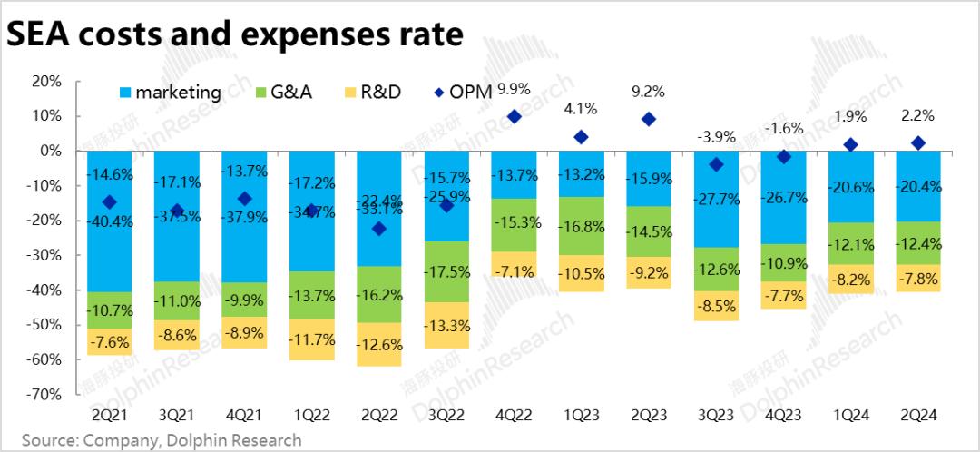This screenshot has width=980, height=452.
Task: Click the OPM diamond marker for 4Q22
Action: click(x=514, y=116)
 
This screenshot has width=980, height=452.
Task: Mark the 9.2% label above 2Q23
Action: click(x=648, y=91)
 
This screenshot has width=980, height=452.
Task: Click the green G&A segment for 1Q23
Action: click(x=581, y=226)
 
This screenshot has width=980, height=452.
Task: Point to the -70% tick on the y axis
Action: click(x=44, y=395)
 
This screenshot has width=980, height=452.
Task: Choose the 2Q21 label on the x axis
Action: click(x=109, y=415)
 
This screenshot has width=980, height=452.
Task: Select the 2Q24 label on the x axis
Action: click(x=917, y=415)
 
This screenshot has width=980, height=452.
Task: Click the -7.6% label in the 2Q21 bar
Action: click(x=110, y=343)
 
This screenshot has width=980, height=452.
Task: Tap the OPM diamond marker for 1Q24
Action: click(x=850, y=144)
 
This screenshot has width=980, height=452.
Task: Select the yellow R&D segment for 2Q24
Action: click(x=917, y=278)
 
